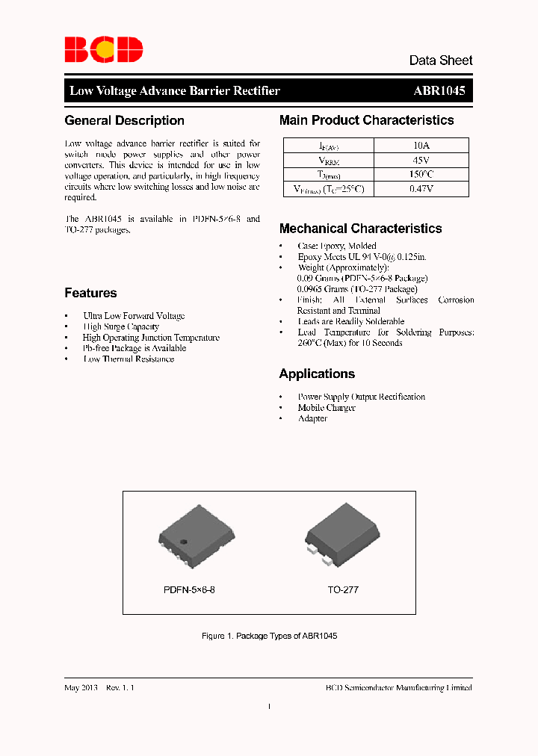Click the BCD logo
coord(103,49)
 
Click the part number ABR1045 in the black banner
coord(439,90)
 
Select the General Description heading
coord(124,120)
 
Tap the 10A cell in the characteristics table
coord(421,146)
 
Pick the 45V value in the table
coord(421,161)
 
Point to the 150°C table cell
coord(421,175)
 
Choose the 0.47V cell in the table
coord(421,189)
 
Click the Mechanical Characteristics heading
coord(360,229)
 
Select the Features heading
coord(90,293)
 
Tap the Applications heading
coord(317,374)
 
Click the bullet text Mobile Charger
coord(327,408)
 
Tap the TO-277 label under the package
coord(343,589)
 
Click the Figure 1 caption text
coord(270,636)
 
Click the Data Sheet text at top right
coord(440,61)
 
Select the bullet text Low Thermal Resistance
coord(129,359)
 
